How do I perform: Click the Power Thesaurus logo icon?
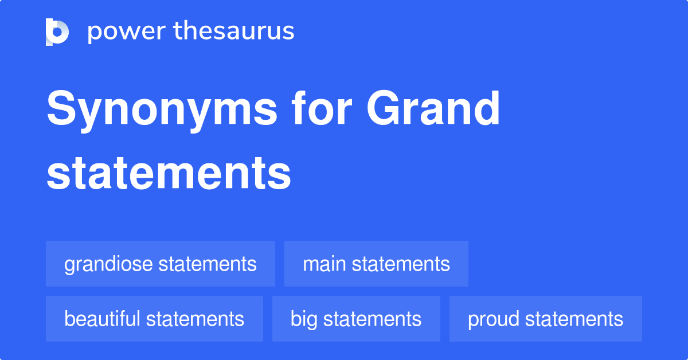click(x=57, y=32)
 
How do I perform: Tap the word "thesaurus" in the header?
click(x=234, y=32)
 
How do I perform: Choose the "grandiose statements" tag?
click(x=161, y=264)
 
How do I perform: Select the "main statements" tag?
click(x=376, y=264)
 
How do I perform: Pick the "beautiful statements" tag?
click(x=154, y=319)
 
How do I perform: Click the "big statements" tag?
click(x=356, y=319)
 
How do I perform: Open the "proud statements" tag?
click(x=545, y=319)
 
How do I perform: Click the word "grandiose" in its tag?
click(x=108, y=264)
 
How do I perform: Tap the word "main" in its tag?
click(x=325, y=264)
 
